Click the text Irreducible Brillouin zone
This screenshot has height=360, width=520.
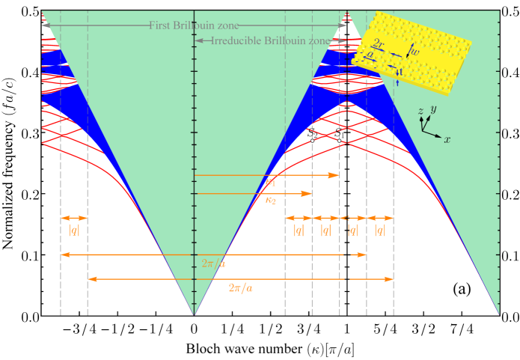pyautogui.click(x=273, y=41)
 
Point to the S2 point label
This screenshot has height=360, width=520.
pyautogui.click(x=314, y=134)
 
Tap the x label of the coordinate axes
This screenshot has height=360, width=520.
pyautogui.click(x=447, y=140)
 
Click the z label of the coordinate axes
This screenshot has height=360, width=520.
pyautogui.click(x=421, y=112)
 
